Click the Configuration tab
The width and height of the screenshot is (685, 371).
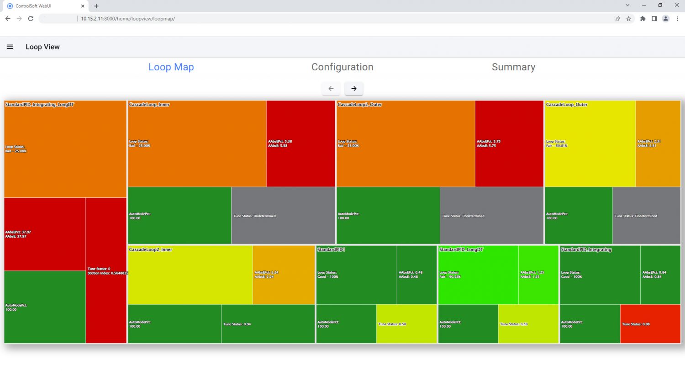click(342, 67)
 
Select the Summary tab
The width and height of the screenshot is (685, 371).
click(513, 67)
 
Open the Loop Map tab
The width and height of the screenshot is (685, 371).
click(171, 67)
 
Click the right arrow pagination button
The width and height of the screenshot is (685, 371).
click(354, 89)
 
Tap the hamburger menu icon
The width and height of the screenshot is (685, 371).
click(10, 47)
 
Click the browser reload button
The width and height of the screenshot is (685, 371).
click(31, 19)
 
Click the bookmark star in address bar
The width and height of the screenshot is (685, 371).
click(628, 19)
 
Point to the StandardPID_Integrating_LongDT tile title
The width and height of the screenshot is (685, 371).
click(39, 105)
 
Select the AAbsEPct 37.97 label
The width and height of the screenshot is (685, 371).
click(18, 232)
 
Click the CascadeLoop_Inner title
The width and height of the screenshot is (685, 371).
click(149, 105)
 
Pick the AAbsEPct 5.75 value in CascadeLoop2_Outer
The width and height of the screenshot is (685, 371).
click(489, 142)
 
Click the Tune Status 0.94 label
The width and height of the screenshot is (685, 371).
click(237, 324)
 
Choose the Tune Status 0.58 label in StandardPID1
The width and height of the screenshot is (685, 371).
click(392, 324)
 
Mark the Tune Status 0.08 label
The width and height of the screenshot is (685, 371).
click(636, 324)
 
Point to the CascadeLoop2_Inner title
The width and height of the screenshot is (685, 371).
click(151, 250)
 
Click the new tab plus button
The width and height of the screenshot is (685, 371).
click(96, 6)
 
